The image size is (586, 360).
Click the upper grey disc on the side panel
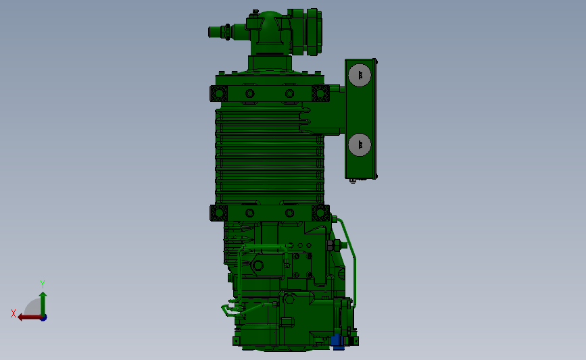tap(360, 75)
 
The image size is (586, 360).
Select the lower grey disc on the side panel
tap(360, 145)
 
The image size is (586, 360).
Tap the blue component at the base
tap(338, 342)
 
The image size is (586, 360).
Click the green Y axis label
tap(43, 284)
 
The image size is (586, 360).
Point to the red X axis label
tap(14, 313)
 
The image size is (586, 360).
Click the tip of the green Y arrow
tap(43, 292)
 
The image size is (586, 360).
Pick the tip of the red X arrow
tap(18, 317)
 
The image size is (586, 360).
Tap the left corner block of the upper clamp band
tap(218, 93)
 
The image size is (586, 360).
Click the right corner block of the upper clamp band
tap(320, 93)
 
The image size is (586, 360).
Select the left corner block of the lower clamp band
tap(218, 213)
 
